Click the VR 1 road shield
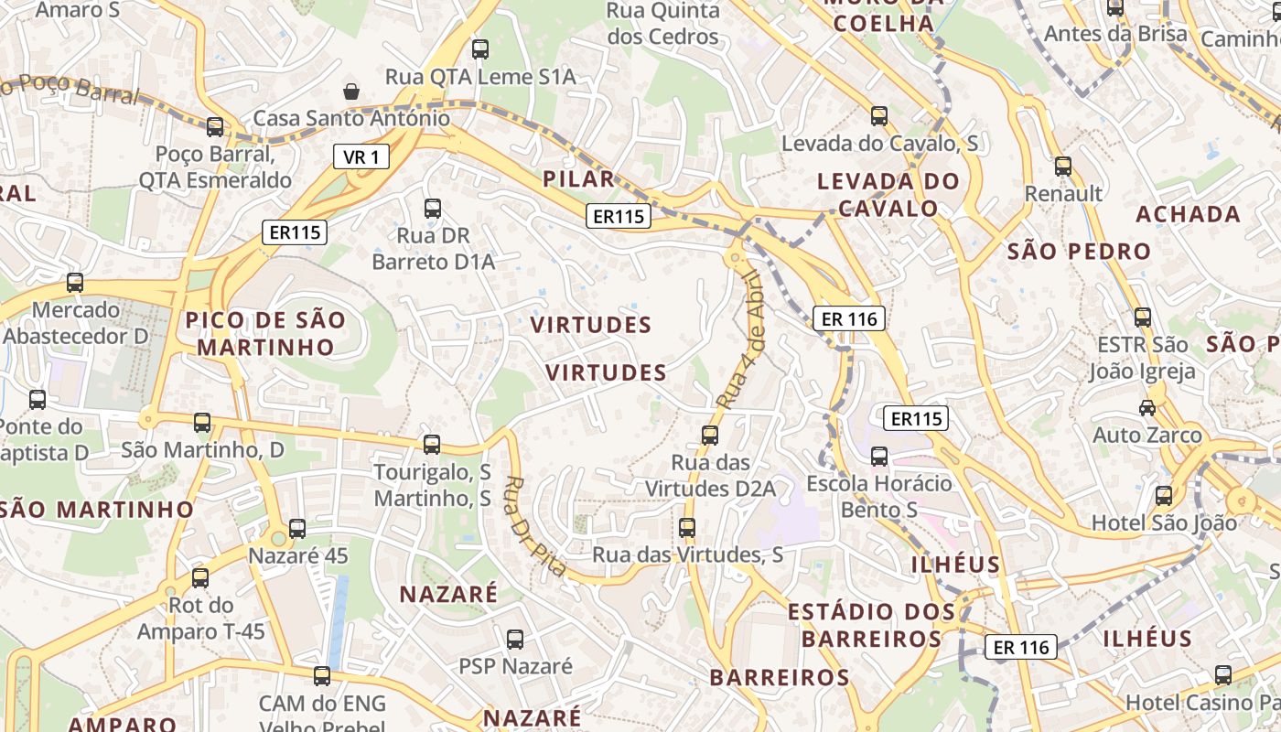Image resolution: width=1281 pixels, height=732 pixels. [x=361, y=157]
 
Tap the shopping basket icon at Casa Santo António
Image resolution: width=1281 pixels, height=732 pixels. [x=350, y=91]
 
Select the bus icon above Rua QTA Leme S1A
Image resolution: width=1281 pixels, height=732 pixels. [x=480, y=49]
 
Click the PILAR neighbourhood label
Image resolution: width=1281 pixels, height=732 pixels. [x=578, y=178]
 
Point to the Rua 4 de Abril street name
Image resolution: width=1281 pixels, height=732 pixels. [x=740, y=339]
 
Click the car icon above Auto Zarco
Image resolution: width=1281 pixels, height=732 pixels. [x=1146, y=407]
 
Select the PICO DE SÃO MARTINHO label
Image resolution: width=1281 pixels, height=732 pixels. [x=266, y=334]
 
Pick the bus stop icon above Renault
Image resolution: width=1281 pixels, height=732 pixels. [x=1062, y=167]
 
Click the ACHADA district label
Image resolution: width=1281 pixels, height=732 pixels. [x=1188, y=214]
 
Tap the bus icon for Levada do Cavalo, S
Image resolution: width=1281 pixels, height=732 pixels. [x=879, y=116]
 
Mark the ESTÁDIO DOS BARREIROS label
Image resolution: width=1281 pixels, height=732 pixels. [x=871, y=625]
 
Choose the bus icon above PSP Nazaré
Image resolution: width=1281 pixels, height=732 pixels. [x=515, y=639]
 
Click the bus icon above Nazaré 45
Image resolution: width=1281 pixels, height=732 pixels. [x=297, y=528]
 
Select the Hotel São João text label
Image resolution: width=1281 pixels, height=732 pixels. [x=1164, y=524]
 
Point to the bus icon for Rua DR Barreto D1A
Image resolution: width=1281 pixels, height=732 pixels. [x=433, y=209]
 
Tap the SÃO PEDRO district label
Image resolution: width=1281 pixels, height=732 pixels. [x=1079, y=252]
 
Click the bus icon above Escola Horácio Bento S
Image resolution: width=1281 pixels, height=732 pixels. [x=879, y=456]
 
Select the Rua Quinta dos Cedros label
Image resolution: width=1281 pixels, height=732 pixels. [x=663, y=24]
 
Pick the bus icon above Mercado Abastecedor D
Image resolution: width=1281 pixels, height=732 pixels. [x=75, y=283]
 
